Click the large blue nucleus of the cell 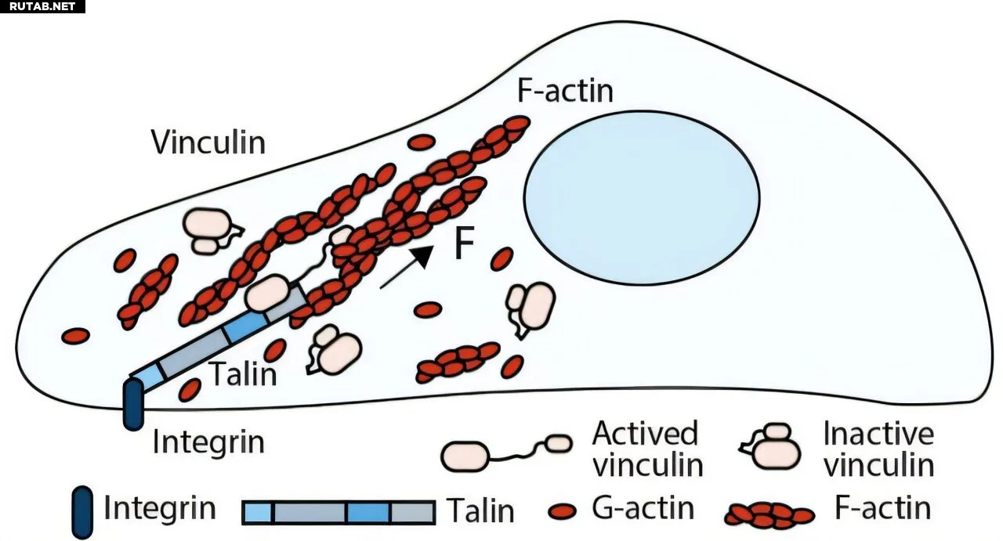[642, 198]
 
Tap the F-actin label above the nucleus [565, 92]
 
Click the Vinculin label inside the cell [208, 142]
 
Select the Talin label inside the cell [243, 374]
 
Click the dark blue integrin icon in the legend [81, 512]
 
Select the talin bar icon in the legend [339, 512]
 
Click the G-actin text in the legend [643, 509]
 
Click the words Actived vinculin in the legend [647, 449]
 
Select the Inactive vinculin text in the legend [878, 449]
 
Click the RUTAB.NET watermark [42, 6]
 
